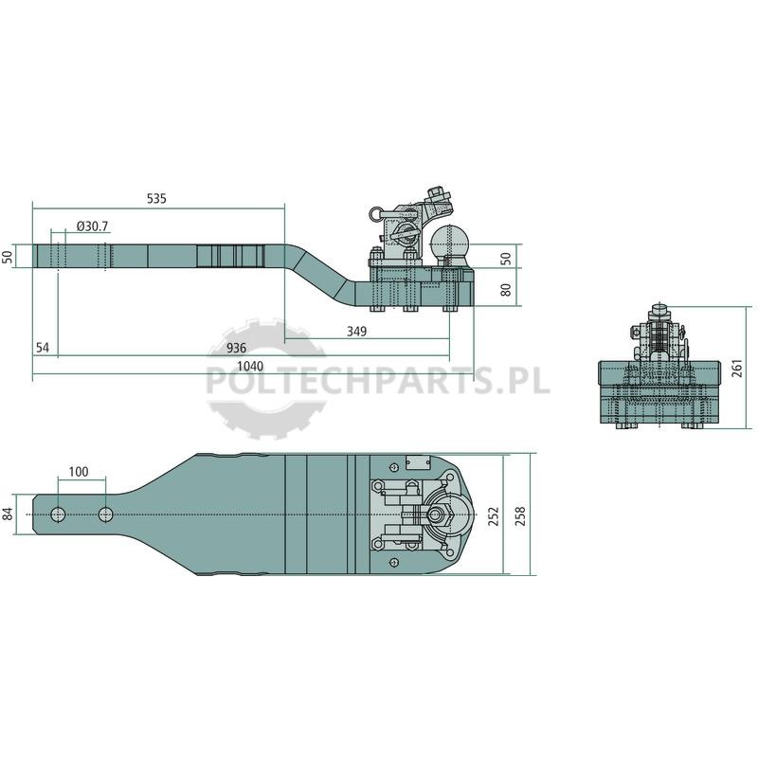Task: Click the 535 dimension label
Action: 156,198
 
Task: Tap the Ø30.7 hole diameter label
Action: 92,226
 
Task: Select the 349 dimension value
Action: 357,331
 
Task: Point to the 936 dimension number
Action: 236,348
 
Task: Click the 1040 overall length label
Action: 250,366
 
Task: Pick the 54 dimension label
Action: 43,348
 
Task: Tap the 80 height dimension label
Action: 506,290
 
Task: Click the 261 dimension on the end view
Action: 737,369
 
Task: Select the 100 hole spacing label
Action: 79,471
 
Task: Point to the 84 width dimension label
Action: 8,514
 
